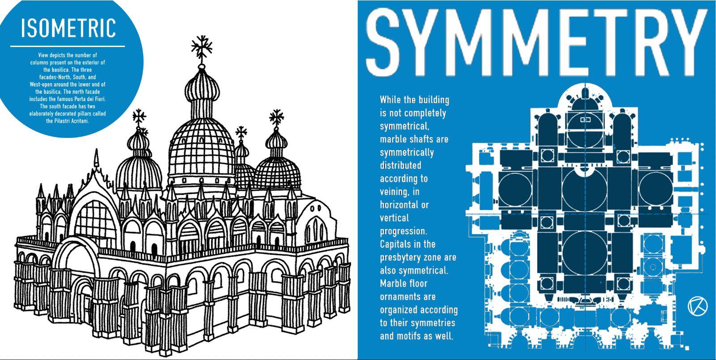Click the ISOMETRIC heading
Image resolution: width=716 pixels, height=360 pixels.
coord(68,27)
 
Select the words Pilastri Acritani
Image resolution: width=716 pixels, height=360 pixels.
coord(68,120)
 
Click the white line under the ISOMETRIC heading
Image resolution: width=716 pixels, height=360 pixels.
coord(68,46)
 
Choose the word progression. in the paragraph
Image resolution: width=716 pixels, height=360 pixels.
coord(403,231)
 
